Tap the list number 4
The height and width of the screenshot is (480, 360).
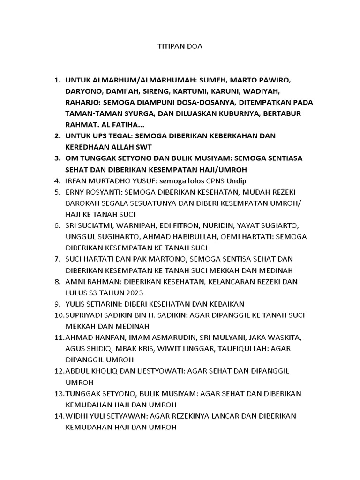57,181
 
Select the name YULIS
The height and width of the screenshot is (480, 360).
75,304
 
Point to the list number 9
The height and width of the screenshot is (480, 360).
57,304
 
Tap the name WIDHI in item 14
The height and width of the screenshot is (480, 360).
76,416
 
